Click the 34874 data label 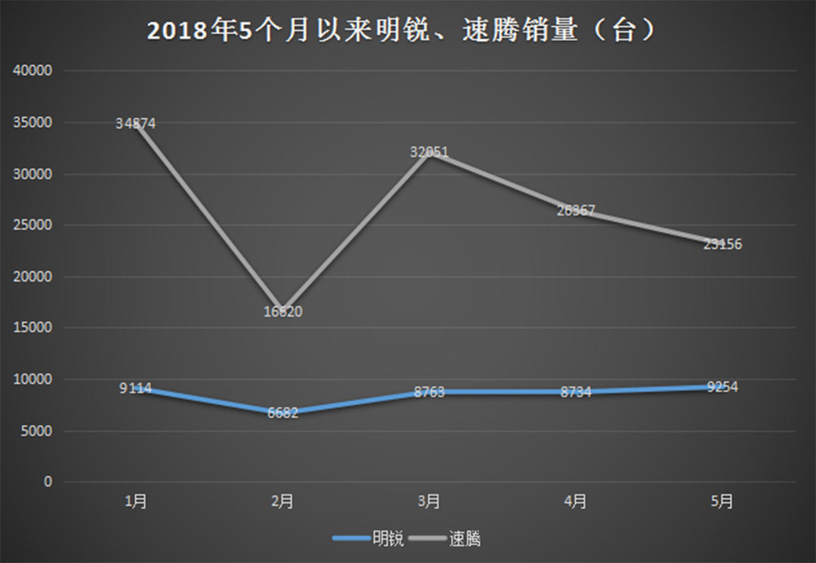click(136, 123)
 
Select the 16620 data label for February click(283, 311)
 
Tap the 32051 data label click(429, 152)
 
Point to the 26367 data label click(576, 211)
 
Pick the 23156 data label click(722, 244)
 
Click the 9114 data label click(136, 388)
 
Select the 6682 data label click(283, 413)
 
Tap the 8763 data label click(429, 392)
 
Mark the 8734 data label click(576, 392)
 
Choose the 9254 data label click(722, 387)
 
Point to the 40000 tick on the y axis click(32, 71)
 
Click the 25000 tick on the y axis click(32, 225)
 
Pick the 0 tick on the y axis click(48, 482)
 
